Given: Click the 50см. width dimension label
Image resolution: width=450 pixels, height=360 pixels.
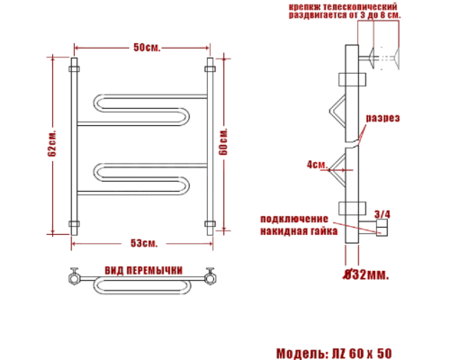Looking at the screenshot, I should pyautogui.click(x=147, y=47).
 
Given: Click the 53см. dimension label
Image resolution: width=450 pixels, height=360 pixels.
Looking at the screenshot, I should pyautogui.click(x=144, y=244).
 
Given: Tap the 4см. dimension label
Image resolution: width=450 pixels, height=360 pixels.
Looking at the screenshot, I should pyautogui.click(x=316, y=165).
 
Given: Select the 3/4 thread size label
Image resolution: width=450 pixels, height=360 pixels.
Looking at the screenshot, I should pyautogui.click(x=382, y=213).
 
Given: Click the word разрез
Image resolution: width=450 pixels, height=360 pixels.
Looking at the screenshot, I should pyautogui.click(x=382, y=119).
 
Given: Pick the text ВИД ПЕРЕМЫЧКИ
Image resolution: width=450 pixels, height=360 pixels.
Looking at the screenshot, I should pyautogui.click(x=144, y=270).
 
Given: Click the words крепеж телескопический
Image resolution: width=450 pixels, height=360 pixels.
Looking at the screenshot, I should pyautogui.click(x=346, y=6).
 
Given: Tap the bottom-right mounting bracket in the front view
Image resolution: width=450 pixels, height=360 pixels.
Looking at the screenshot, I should pyautogui.click(x=210, y=224).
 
